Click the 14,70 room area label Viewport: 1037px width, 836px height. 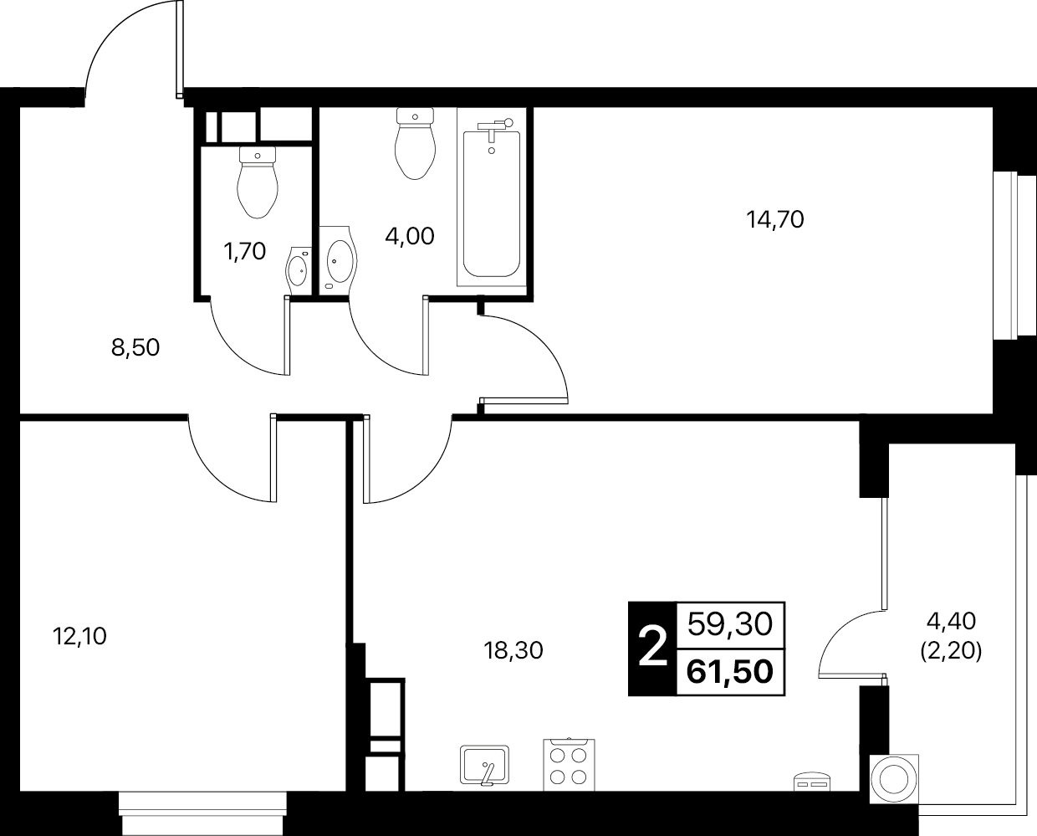pos(775,220)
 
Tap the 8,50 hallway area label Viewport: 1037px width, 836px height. pos(135,347)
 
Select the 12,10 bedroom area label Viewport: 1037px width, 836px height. pos(79,636)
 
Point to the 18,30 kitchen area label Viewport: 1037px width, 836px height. pos(513,651)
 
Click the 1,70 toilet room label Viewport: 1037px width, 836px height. pos(245,251)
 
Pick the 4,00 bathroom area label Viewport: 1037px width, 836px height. pos(410,236)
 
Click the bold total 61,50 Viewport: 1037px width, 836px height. pos(730,672)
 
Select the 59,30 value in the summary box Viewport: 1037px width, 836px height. pos(730,624)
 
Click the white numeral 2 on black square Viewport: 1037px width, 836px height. pos(652,649)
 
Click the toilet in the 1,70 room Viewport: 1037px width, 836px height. pos(258,182)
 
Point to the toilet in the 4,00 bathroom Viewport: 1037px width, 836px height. pos(415,144)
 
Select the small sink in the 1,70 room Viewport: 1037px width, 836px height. pos(299,270)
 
